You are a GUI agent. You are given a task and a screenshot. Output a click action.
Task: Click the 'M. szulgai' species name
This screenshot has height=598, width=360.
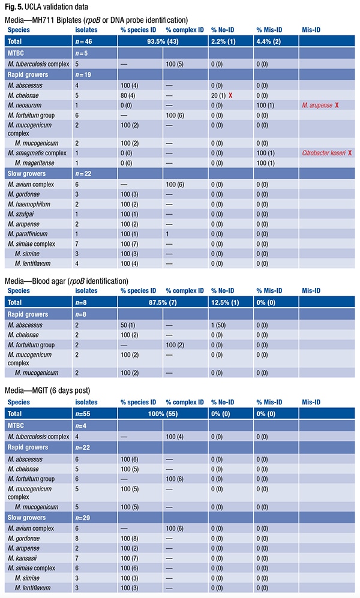[23, 215]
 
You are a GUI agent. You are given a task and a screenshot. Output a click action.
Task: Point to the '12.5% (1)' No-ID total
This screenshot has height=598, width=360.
[225, 303]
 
